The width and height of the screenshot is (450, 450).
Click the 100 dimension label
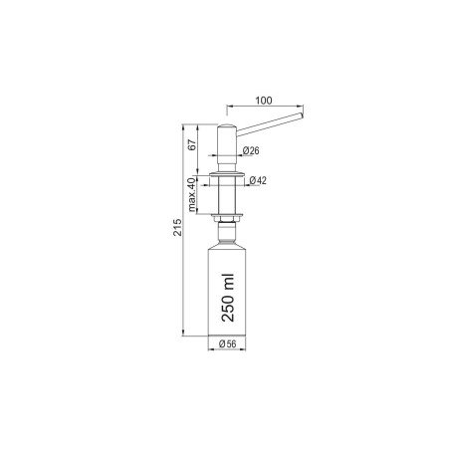[264, 101]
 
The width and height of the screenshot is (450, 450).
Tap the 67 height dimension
[192, 145]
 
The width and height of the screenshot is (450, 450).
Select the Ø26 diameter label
[251, 150]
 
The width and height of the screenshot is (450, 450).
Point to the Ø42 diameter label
[258, 180]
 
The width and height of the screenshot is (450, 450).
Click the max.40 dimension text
[191, 195]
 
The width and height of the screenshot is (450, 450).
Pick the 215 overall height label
[178, 227]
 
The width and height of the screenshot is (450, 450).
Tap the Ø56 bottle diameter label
[228, 344]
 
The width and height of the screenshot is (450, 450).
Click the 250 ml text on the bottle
[228, 298]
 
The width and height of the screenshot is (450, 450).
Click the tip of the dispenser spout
[302, 115]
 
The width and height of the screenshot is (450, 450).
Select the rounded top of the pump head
[227, 126]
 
